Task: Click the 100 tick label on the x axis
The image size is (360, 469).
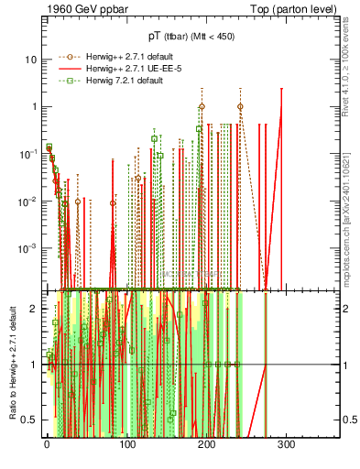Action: pyautogui.click(x=126, y=445)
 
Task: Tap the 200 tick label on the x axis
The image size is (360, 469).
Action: pyautogui.click(x=206, y=445)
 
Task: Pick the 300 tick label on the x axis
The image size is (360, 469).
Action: pyautogui.click(x=286, y=445)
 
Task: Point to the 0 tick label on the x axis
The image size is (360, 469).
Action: pyautogui.click(x=47, y=445)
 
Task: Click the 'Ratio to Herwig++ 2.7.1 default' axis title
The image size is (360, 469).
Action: pyautogui.click(x=11, y=365)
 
